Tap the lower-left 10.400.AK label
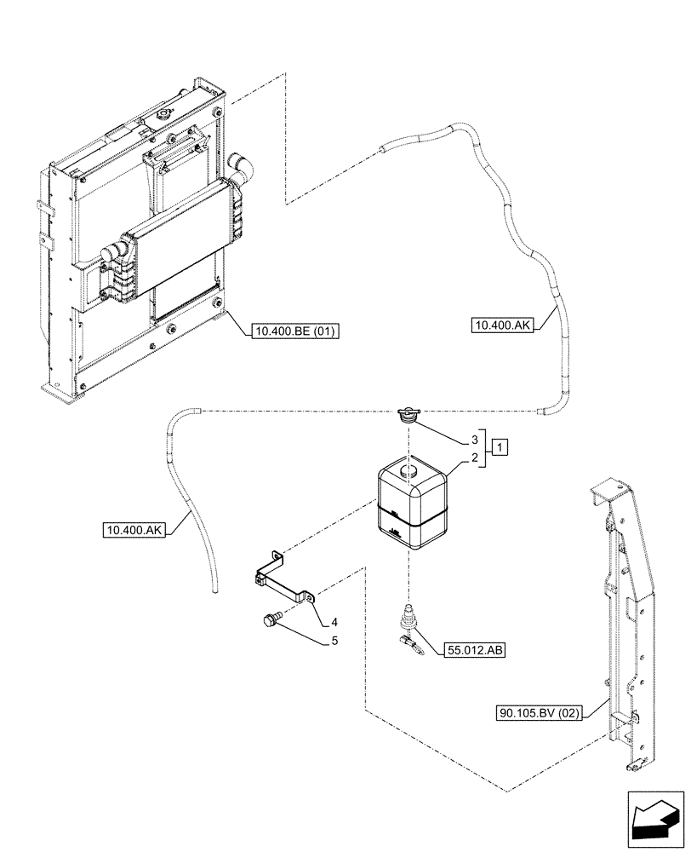pyautogui.click(x=134, y=530)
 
